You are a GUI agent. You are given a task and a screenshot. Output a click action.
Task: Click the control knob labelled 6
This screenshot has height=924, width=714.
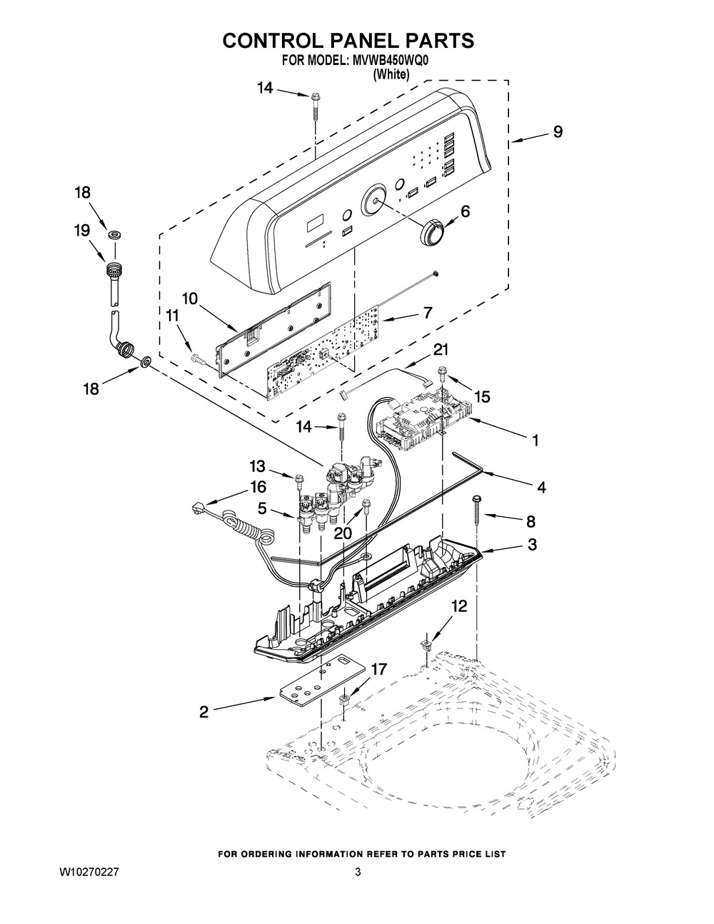432,231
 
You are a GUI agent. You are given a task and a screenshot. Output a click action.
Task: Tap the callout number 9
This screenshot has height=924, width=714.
558,132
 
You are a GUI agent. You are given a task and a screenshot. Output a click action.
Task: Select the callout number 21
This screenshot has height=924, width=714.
440,350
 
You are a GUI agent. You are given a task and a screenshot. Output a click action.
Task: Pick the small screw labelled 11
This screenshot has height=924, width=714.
198,358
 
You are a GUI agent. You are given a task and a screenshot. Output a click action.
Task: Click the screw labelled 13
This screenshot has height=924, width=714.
298,481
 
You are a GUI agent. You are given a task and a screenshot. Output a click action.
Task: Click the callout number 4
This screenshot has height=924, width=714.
541,487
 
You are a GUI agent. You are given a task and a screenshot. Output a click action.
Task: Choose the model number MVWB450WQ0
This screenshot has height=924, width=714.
390,61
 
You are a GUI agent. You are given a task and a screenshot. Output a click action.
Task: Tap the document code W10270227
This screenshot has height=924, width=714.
89,873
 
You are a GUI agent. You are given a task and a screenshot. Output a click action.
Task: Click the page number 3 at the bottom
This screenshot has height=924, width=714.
358,873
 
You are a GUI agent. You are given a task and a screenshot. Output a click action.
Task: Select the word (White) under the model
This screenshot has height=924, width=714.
391,74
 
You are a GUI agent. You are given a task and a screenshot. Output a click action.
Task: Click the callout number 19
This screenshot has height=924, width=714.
82,231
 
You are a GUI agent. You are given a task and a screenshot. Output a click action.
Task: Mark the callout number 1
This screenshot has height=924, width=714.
535,440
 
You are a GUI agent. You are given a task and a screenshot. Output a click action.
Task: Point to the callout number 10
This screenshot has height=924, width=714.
190,299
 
